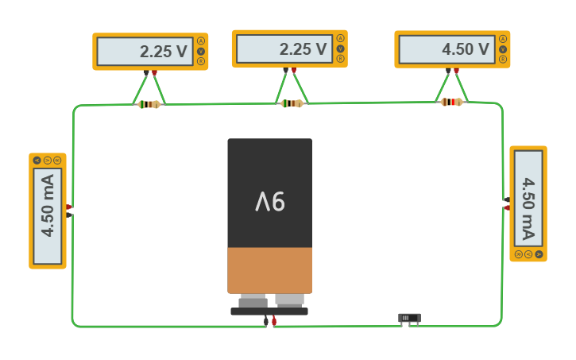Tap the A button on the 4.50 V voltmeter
[x=503, y=39]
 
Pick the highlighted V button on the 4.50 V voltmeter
[x=503, y=49]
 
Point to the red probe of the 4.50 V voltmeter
[x=456, y=71]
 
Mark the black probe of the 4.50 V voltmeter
[x=447, y=71]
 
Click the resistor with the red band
[x=451, y=102]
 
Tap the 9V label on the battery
[x=270, y=203]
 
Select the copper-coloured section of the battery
[x=269, y=270]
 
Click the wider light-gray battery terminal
[x=289, y=300]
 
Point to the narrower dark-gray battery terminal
[x=253, y=302]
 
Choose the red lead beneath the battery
[x=274, y=322]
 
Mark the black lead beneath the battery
[x=265, y=322]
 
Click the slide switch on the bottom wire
[x=409, y=318]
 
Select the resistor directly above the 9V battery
[x=292, y=103]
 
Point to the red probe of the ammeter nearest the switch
[x=507, y=207]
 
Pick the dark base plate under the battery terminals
[x=269, y=312]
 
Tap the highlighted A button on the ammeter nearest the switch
[x=539, y=254]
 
